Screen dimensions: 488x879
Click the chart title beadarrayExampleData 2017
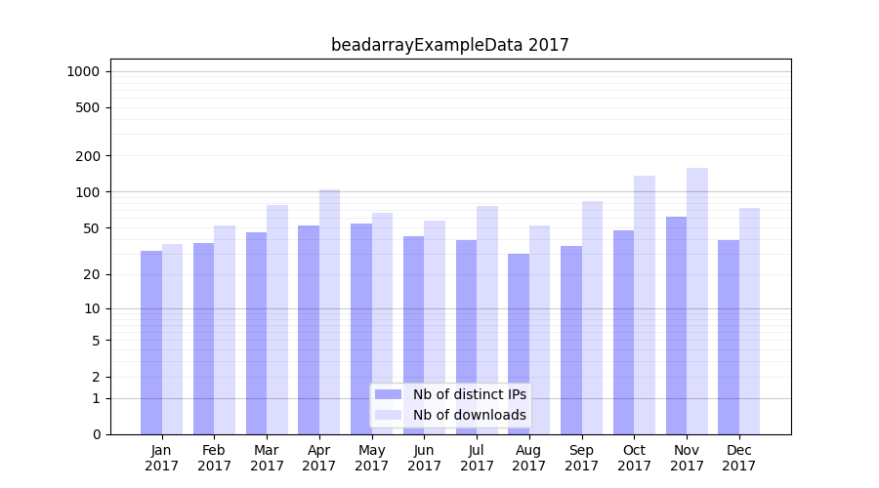click(x=449, y=45)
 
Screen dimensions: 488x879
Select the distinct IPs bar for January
click(x=151, y=342)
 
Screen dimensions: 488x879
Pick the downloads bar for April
click(x=329, y=311)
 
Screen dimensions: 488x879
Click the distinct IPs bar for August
click(x=519, y=344)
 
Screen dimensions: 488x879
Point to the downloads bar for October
click(x=645, y=305)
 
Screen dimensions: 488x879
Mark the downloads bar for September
click(x=592, y=317)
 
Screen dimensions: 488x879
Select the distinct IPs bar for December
click(x=729, y=337)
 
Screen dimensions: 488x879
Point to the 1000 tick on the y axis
click(x=83, y=71)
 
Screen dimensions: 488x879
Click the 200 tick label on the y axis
click(x=88, y=156)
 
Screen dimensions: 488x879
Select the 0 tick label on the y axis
click(x=96, y=434)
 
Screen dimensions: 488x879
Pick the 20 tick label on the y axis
click(x=92, y=274)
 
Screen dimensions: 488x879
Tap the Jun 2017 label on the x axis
click(x=424, y=458)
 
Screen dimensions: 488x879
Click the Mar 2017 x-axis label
click(x=267, y=458)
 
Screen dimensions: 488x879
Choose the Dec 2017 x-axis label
click(x=739, y=458)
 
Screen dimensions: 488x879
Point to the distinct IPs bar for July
click(x=466, y=337)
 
